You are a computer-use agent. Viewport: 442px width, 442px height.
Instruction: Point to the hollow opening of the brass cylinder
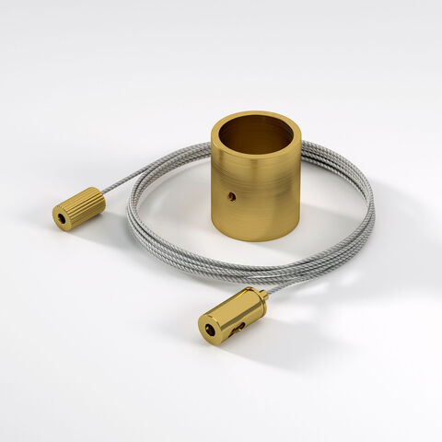pos(255,134)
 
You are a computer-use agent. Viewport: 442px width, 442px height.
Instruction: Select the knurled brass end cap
pos(78,208)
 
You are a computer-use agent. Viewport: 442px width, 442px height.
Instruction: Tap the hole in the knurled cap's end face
pos(63,218)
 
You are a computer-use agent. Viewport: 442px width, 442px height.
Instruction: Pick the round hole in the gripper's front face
pos(211,326)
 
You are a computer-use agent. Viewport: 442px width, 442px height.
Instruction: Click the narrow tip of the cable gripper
pos(263,295)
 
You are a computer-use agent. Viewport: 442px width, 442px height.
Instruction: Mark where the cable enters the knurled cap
pos(103,193)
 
